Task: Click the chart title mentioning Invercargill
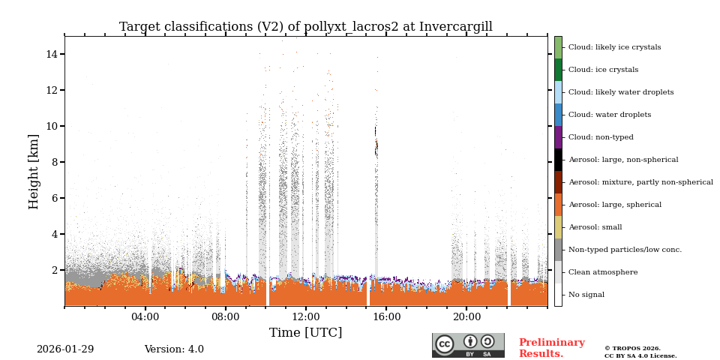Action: pos(305,27)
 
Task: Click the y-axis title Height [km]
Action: pos(34,171)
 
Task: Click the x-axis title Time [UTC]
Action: pos(305,332)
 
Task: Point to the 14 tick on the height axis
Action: pos(52,54)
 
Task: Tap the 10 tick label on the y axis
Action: pos(52,126)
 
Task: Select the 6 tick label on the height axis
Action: pos(55,198)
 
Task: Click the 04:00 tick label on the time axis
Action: pos(145,317)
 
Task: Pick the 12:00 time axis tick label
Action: pos(305,317)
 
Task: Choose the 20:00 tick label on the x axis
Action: pos(466,317)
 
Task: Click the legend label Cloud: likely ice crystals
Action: pos(614,47)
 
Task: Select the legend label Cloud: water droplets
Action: pos(609,115)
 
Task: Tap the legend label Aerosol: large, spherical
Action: pos(614,205)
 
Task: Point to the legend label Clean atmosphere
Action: pos(602,272)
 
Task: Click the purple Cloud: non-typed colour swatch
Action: pos(558,137)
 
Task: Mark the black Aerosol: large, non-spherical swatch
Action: pos(558,160)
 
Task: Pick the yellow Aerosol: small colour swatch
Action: pos(558,227)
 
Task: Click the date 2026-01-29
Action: pos(65,349)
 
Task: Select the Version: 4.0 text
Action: pos(174,349)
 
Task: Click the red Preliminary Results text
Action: pos(551,348)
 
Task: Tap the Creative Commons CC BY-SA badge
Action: pos(468,345)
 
